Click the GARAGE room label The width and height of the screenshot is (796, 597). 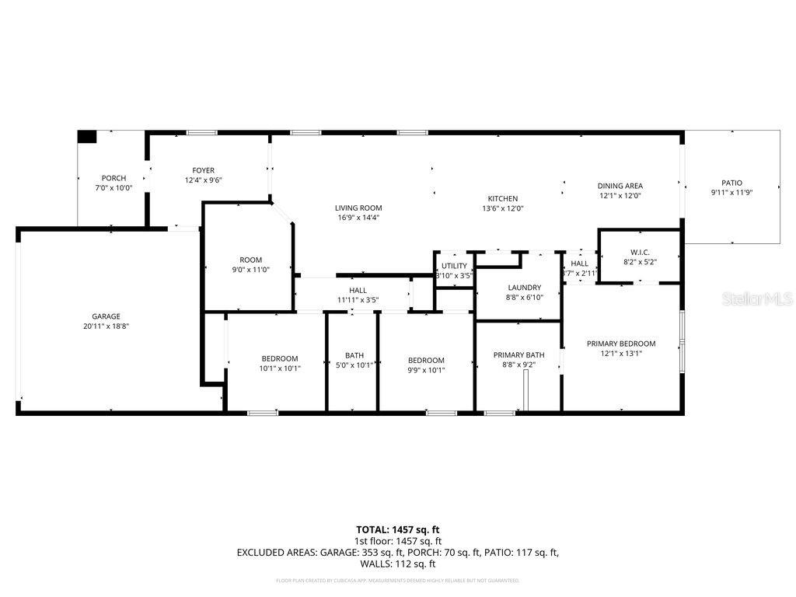click(x=106, y=316)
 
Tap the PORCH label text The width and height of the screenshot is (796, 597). click(x=113, y=178)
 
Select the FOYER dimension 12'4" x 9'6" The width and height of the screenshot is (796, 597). click(x=204, y=180)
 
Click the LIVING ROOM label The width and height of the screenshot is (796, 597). click(x=358, y=208)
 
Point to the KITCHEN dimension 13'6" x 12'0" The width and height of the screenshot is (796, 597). click(x=503, y=208)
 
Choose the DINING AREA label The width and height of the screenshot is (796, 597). click(x=620, y=186)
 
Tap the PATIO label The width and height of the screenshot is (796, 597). click(x=731, y=183)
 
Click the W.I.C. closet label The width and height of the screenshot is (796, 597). click(x=639, y=253)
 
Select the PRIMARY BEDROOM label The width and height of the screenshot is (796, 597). click(x=620, y=344)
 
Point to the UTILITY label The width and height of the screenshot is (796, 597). click(x=454, y=266)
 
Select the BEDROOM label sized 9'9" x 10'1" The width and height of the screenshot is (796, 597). click(x=427, y=360)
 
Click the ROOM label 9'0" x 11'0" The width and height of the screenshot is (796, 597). click(x=250, y=260)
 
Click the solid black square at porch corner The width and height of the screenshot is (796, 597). click(x=86, y=137)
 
